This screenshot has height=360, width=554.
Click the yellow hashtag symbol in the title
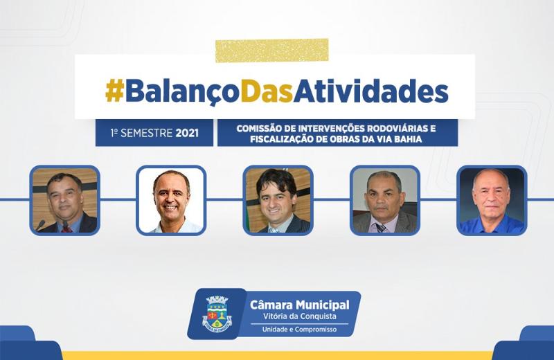pos(114,91)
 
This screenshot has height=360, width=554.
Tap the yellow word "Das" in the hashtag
pos(267,91)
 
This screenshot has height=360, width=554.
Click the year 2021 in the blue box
pos(187,133)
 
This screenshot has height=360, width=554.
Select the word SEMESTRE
pos(146,133)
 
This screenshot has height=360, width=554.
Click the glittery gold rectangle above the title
pos(271,50)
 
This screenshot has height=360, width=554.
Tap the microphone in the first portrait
pos(40,226)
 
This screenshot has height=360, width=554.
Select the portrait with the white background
pos(171,200)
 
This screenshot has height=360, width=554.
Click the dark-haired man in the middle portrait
pos(278,201)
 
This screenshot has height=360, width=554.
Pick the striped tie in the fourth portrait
pos(381,228)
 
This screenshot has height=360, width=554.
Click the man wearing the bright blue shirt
pos(492,201)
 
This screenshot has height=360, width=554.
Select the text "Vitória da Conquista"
pos(300,316)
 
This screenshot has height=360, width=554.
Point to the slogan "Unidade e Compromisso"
pos(299,330)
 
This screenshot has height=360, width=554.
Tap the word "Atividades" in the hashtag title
pos(371,91)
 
